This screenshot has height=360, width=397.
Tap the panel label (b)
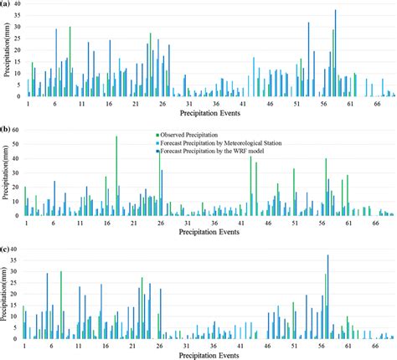[x=5, y=130]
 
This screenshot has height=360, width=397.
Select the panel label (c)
[x=5, y=249]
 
